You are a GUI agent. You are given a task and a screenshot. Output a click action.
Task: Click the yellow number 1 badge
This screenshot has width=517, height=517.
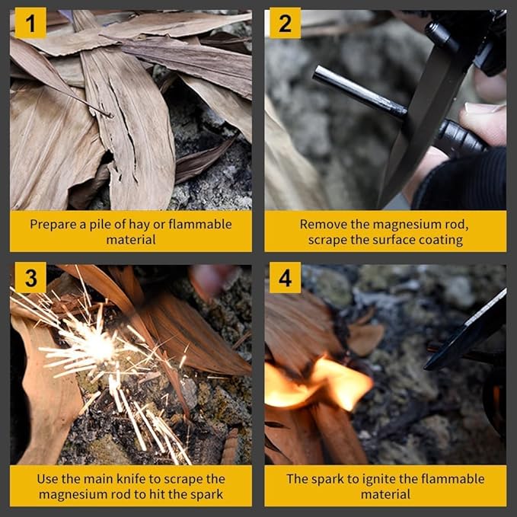30,23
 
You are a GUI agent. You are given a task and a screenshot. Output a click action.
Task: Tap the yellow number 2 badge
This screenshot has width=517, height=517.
285,23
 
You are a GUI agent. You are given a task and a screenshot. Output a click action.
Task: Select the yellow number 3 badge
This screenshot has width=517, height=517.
30,277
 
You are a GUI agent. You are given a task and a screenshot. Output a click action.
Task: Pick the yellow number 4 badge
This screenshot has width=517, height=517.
285,277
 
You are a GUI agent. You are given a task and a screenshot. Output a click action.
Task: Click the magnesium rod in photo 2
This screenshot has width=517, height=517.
360,92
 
